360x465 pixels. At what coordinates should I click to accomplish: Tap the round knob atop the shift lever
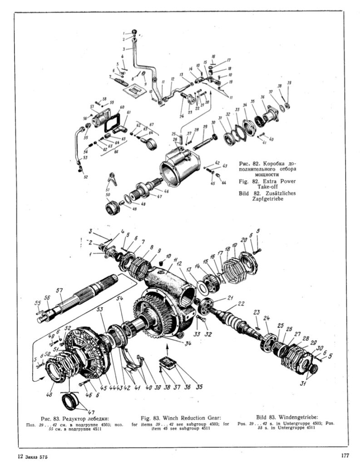tap(134, 31)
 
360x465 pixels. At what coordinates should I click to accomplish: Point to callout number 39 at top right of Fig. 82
tap(289, 82)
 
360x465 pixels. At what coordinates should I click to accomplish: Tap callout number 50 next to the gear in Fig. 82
tap(108, 195)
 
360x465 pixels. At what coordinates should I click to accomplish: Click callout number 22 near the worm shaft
tap(241, 303)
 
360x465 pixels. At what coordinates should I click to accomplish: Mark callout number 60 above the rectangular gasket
tap(122, 108)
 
